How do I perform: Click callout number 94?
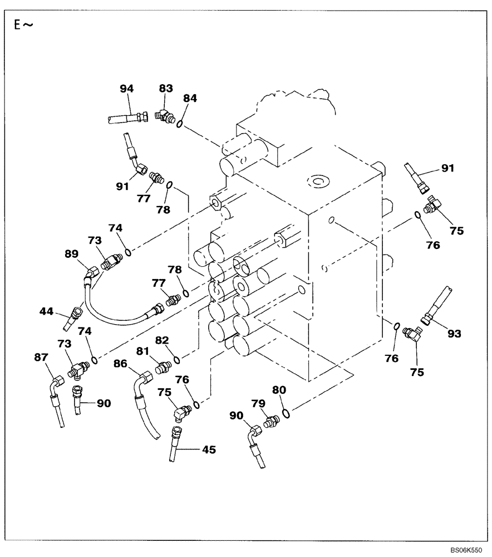click(x=127, y=88)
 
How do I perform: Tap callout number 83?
click(x=166, y=88)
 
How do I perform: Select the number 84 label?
click(x=190, y=98)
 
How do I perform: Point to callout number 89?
click(x=71, y=255)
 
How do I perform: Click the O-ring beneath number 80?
click(x=285, y=413)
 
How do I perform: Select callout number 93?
click(x=455, y=334)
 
